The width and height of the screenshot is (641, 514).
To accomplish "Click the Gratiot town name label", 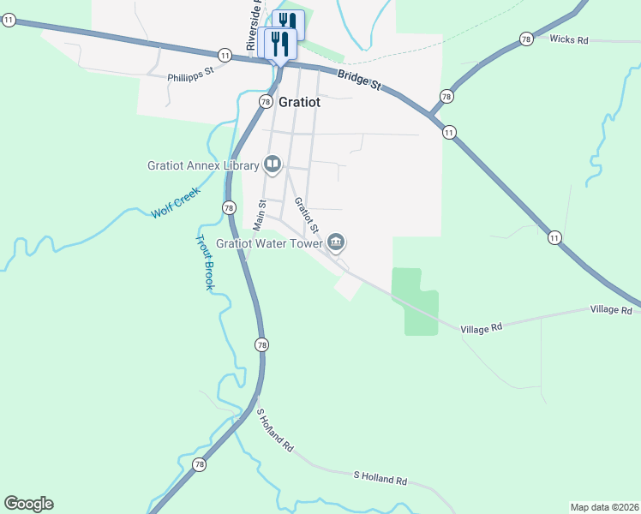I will pos(300,102).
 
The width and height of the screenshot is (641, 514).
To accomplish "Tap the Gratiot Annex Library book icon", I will pos(273,164).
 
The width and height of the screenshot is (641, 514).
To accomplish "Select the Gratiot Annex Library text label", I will pos(203,165).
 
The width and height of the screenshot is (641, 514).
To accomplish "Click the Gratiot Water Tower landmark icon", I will pos(336,243).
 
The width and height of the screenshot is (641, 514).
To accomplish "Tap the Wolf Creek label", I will pos(175,203).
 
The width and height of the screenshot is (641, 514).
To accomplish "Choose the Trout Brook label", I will pos(203,262).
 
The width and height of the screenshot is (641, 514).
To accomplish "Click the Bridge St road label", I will pos(359,80).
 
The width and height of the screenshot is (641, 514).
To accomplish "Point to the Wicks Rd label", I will pos(569,39).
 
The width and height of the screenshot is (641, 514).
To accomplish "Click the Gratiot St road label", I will pos(307,217).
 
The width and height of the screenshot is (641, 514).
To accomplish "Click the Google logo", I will pos(28,504).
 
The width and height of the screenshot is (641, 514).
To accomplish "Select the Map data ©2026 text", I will pos(604,507).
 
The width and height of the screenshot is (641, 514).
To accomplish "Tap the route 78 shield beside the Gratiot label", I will pos(266,100).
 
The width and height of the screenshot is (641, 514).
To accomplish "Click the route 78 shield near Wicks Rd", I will pos(526,39).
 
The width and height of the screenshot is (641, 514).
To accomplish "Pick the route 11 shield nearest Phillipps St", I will pos(224,54).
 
